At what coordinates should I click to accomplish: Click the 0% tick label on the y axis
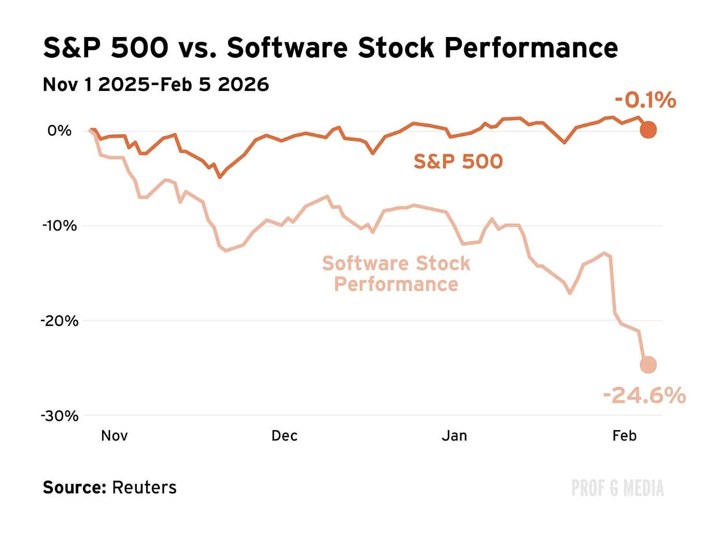pos(59,130)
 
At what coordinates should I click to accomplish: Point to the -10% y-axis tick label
pos(59,225)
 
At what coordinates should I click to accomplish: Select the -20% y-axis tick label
pos(59,320)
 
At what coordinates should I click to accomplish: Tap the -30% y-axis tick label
pos(59,416)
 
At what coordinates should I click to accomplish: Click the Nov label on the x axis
pos(114,436)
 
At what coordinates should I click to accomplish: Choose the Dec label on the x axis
pos(284,436)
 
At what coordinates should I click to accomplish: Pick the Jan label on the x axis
pos(454,436)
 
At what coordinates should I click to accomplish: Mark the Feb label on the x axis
pos(624,436)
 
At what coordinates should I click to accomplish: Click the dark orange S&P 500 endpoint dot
pos(648,130)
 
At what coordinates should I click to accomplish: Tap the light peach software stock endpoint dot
pos(648,365)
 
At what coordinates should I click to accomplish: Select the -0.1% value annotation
pos(645,100)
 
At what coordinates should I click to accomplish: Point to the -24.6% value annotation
pos(644,395)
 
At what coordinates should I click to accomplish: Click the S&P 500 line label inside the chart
pos(458,161)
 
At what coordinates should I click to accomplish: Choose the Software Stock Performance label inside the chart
pos(396,274)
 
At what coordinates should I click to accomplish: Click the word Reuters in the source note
pos(144,487)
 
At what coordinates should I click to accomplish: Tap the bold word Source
pos(74,487)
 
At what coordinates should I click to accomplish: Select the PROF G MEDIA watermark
pos(617,488)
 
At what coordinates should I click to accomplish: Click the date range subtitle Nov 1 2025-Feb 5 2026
pos(156,84)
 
